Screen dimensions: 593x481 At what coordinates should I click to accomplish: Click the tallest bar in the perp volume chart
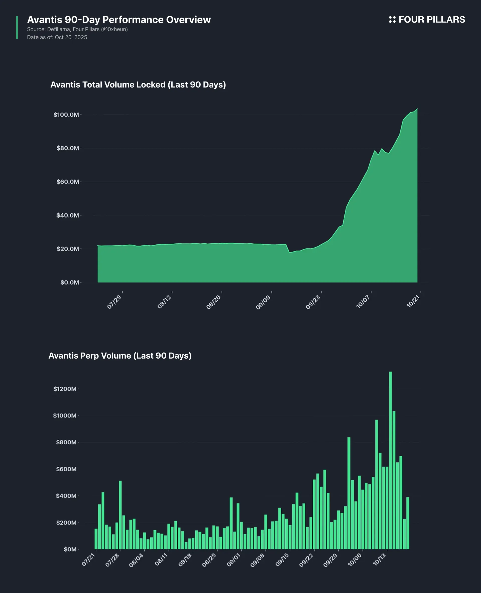click(x=390, y=460)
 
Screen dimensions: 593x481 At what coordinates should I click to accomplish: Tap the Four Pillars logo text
click(x=432, y=20)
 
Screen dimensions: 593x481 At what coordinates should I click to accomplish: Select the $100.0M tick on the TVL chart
click(x=66, y=115)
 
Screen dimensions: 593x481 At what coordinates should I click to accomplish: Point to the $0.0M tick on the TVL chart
click(x=70, y=283)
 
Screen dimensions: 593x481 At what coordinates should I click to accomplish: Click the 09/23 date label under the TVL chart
click(x=313, y=302)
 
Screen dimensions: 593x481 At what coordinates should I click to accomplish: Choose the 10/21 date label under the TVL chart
click(x=413, y=302)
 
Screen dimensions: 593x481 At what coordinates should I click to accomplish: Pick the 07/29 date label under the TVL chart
click(x=114, y=302)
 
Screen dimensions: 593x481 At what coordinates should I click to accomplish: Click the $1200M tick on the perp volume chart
click(x=65, y=389)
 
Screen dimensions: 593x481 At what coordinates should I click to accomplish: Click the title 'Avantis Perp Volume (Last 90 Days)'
click(x=120, y=356)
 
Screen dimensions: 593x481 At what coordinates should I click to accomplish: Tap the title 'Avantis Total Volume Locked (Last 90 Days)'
click(x=138, y=85)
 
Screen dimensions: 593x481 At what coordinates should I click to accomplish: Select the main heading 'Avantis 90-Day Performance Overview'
click(x=119, y=20)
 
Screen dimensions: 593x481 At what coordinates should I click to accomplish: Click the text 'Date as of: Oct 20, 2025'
click(x=57, y=37)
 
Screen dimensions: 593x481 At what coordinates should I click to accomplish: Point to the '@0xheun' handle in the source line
click(x=114, y=29)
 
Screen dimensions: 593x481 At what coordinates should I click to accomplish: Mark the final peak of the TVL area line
click(x=417, y=109)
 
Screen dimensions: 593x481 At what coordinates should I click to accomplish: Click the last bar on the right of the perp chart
click(x=408, y=523)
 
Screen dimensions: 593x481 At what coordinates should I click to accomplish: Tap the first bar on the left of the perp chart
click(x=96, y=539)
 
